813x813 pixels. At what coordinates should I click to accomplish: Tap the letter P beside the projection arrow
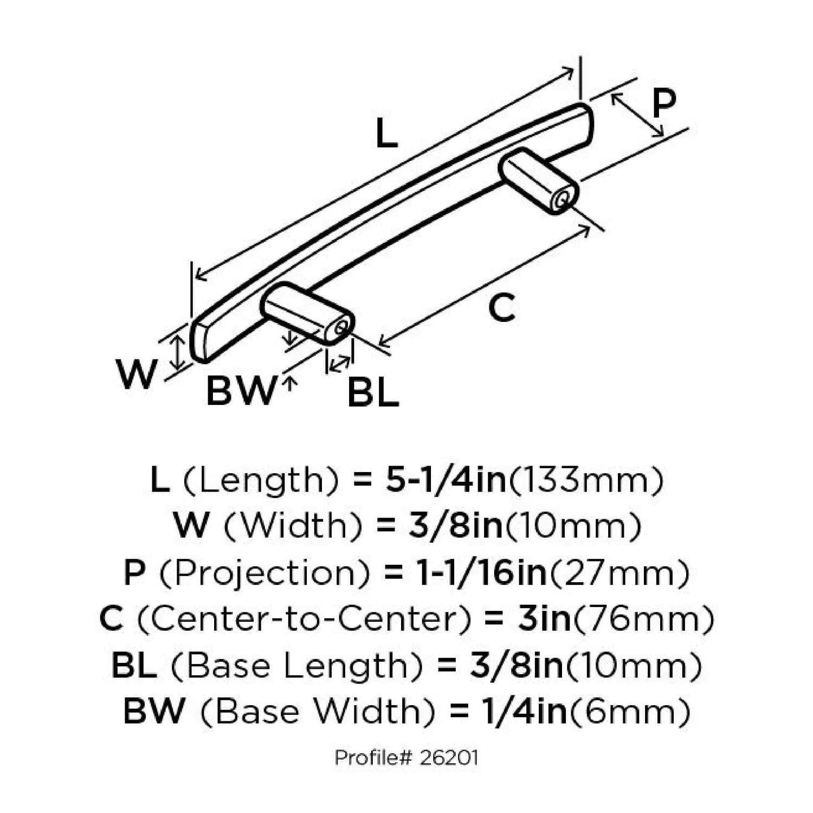click(663, 104)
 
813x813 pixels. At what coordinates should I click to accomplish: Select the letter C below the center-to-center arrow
click(501, 308)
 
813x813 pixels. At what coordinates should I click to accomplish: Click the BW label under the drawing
click(241, 391)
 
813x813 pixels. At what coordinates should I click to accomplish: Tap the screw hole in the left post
click(341, 327)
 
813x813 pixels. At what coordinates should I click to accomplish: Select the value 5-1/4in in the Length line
click(446, 480)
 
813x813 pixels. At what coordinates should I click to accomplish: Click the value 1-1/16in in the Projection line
click(481, 573)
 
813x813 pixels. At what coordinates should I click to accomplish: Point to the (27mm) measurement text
click(619, 573)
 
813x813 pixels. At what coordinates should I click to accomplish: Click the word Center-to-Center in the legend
click(305, 619)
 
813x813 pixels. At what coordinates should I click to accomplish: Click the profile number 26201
click(449, 757)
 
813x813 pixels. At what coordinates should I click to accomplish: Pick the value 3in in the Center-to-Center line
click(544, 619)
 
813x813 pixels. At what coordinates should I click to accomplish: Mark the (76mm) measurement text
click(644, 619)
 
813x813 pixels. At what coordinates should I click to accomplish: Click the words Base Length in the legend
click(296, 666)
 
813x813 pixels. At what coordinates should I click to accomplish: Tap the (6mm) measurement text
click(629, 711)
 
